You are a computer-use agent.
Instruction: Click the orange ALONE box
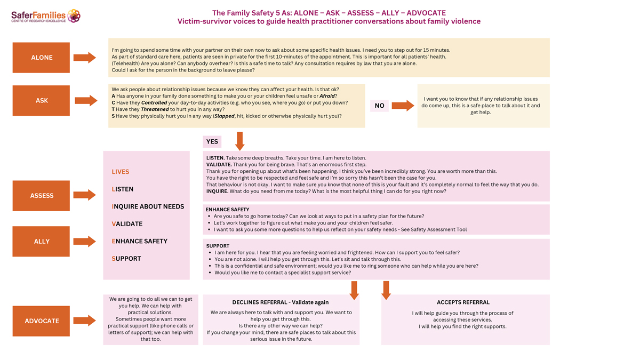pyautogui.click(x=41, y=58)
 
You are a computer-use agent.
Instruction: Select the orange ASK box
pyautogui.click(x=41, y=100)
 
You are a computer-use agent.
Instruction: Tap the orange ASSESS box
pyautogui.click(x=41, y=196)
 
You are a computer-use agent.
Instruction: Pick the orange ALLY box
pyautogui.click(x=41, y=241)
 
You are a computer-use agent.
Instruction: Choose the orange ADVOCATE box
pyautogui.click(x=41, y=321)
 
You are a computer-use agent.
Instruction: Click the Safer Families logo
pyautogui.click(x=46, y=16)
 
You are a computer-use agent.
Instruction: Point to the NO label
pyautogui.click(x=379, y=106)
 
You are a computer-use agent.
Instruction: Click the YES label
pyautogui.click(x=212, y=141)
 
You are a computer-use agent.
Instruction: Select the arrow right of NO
pyautogui.click(x=403, y=106)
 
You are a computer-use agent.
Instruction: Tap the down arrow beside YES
pyautogui.click(x=240, y=141)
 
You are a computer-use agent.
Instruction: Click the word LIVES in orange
pyautogui.click(x=121, y=172)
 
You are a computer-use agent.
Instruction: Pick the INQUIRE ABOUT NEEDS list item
pyautogui.click(x=148, y=206)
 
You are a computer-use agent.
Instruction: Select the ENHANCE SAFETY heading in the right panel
pyautogui.click(x=227, y=210)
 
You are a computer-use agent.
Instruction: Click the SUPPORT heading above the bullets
pyautogui.click(x=218, y=246)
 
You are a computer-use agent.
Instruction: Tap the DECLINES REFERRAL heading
pyautogui.click(x=281, y=302)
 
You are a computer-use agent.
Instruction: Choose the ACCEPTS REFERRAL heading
pyautogui.click(x=463, y=302)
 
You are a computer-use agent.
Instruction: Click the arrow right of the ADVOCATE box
pyautogui.click(x=84, y=321)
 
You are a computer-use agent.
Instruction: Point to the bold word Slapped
pyautogui.click(x=225, y=116)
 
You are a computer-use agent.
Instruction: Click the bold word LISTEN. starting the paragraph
pyautogui.click(x=215, y=158)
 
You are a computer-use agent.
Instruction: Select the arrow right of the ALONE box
pyautogui.click(x=84, y=58)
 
